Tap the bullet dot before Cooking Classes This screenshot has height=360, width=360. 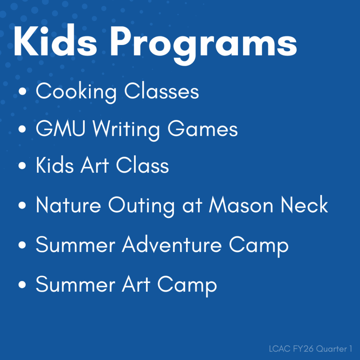[23, 92]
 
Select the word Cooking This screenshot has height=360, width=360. [76, 92]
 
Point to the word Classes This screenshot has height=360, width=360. [161, 91]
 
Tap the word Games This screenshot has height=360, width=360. [202, 129]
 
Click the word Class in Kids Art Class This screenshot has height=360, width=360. [142, 166]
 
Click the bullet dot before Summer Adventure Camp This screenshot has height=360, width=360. [23, 245]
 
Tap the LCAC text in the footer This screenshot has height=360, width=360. [277, 349]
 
